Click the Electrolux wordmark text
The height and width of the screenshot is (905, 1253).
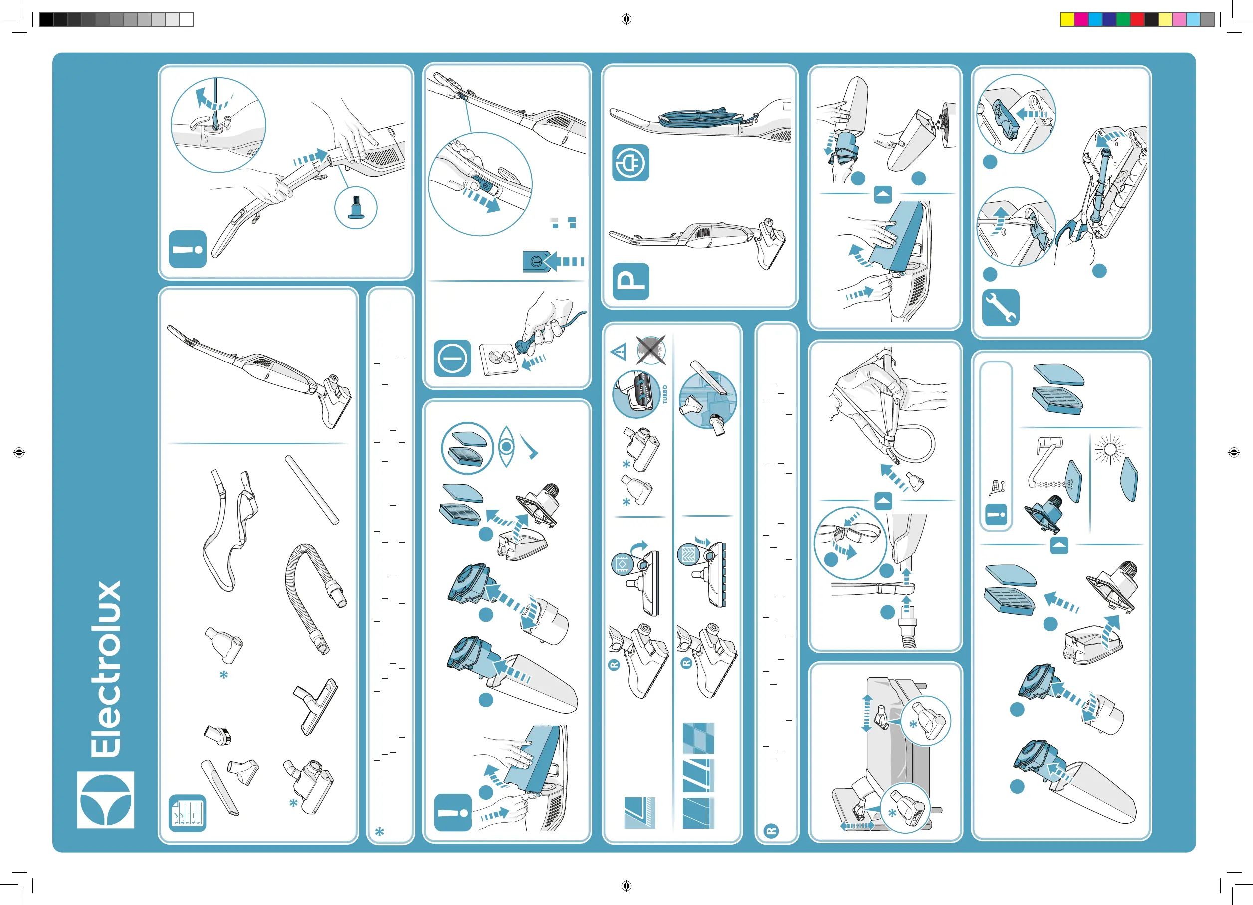(x=106, y=669)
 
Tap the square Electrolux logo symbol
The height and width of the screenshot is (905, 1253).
(x=106, y=799)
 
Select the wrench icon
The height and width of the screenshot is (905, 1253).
(x=1001, y=308)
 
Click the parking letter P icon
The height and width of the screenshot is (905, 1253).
(x=631, y=282)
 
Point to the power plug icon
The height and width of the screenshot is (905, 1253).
(x=630, y=163)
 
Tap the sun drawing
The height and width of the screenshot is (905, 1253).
(x=1110, y=449)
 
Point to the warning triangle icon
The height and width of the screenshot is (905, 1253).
(x=618, y=351)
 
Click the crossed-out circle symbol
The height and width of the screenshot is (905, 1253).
(x=651, y=350)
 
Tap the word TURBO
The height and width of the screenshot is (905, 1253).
(x=665, y=394)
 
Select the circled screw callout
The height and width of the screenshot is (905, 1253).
(x=356, y=208)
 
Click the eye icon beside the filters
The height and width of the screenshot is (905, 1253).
(x=506, y=446)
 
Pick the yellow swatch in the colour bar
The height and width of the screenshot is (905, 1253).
(x=1067, y=19)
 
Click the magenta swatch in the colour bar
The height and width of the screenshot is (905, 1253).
(x=1081, y=19)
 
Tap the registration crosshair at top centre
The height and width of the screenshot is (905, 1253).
(x=626, y=19)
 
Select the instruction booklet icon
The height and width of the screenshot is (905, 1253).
(x=187, y=813)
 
